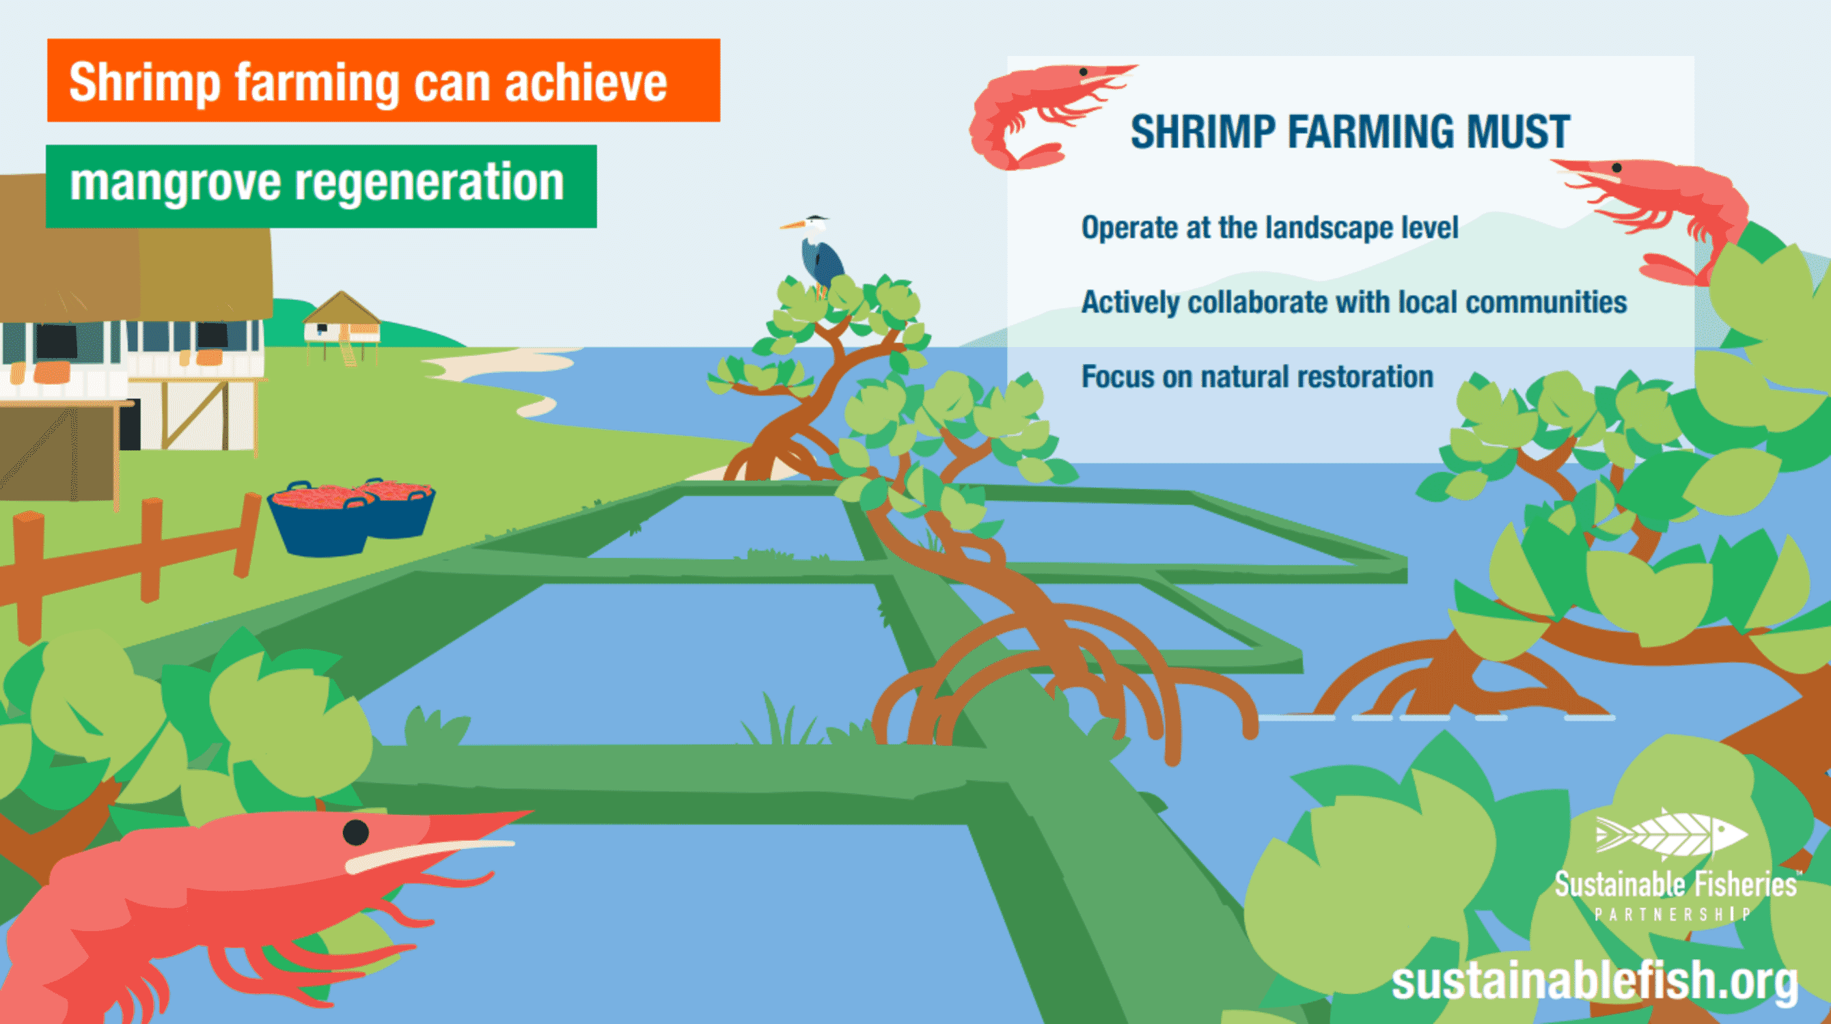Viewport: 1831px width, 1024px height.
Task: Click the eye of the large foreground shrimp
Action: pos(355,831)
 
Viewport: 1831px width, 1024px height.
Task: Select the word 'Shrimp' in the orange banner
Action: pos(145,84)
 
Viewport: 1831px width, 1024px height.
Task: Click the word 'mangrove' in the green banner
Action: pos(175,183)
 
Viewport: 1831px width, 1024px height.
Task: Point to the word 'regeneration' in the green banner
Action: pos(429,183)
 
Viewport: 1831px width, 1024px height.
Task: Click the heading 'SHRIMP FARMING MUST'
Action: pos(1350,132)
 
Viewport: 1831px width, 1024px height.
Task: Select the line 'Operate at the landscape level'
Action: pos(1269,228)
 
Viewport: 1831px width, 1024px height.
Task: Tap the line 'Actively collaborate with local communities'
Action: pos(1353,302)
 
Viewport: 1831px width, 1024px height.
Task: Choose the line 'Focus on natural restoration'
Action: pos(1256,376)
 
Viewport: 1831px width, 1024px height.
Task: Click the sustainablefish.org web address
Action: pos(1595,981)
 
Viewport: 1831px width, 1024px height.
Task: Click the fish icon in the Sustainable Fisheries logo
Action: pos(1670,835)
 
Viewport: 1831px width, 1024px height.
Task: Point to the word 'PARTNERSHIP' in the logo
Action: pos(1670,915)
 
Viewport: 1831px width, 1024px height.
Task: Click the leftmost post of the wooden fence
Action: pos(29,576)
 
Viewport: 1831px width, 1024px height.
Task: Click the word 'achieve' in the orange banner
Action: pos(586,84)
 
